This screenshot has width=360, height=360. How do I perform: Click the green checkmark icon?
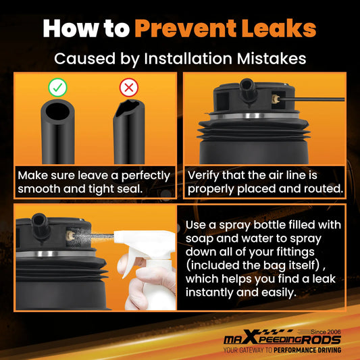[57, 87]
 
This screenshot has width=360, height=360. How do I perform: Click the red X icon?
[129, 87]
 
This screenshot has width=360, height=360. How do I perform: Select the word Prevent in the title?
[185, 28]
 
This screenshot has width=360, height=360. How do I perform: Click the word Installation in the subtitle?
[188, 59]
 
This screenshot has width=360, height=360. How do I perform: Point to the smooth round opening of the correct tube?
[57, 112]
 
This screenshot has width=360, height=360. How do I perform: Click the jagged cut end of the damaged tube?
[128, 107]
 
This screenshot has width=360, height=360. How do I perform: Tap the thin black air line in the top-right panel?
[312, 99]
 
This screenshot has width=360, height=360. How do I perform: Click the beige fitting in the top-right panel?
[276, 99]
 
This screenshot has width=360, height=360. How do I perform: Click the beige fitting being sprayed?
[70, 235]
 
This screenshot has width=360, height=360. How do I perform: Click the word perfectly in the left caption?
[146, 176]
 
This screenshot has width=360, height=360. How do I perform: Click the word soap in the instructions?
[199, 238]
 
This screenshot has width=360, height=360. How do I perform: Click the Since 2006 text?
[326, 332]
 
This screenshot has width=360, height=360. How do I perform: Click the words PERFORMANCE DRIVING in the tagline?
[307, 350]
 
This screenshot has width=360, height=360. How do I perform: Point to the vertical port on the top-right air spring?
[247, 91]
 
